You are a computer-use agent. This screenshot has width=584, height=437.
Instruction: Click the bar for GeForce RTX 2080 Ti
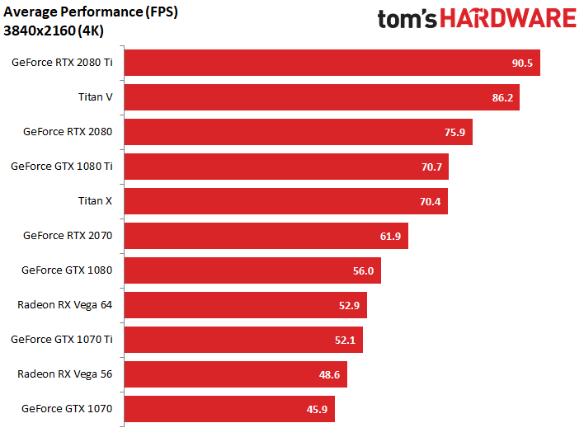point(332,63)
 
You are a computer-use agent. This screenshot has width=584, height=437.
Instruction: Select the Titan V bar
point(322,97)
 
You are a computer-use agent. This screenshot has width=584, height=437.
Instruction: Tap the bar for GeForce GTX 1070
point(229,409)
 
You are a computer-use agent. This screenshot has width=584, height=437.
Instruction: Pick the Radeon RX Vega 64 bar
point(246,305)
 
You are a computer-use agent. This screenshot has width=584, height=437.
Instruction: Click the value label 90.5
point(522,63)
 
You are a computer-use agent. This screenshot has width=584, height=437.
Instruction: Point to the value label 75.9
point(454,133)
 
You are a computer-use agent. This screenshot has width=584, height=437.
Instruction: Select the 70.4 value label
point(431,202)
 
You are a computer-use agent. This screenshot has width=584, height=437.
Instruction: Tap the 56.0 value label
point(363,271)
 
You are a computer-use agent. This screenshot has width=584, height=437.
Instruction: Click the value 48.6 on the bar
point(329,375)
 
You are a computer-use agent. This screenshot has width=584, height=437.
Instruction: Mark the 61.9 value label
point(390,237)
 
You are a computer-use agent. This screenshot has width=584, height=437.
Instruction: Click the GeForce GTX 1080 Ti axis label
point(62,166)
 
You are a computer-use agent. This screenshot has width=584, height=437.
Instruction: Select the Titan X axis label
point(95,200)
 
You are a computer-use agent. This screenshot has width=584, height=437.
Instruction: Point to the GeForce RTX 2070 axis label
point(68,235)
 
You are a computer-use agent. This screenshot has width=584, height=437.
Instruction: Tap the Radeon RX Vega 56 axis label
point(65,374)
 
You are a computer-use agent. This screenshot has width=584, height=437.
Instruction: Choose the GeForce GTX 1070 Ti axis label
point(62,339)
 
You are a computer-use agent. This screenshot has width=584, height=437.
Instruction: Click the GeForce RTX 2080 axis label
point(68,131)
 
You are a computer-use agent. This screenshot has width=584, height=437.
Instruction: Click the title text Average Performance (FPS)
point(91,12)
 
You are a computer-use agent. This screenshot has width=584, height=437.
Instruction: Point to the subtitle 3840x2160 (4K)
point(54,31)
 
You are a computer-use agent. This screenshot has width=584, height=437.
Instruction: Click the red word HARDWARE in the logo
point(509,19)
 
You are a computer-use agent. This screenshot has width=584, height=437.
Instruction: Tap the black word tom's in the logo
point(407,19)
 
